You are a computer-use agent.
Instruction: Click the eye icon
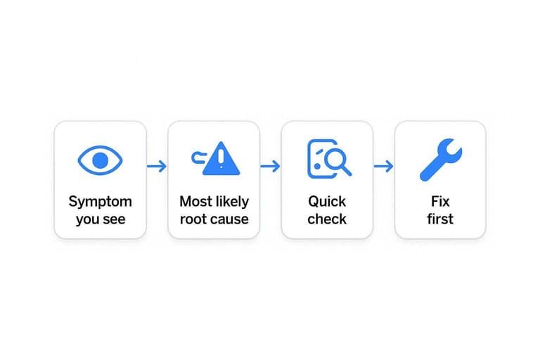point(101,160)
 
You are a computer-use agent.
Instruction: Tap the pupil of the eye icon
point(101,160)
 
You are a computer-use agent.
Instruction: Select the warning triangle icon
point(221,159)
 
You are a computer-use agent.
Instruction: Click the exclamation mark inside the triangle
point(221,157)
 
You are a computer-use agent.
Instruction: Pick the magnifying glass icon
point(337,161)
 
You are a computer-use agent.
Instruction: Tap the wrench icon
point(441,160)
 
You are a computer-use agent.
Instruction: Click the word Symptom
point(101,202)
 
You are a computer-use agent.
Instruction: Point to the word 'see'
point(113,219)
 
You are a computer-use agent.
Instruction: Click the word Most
point(194,202)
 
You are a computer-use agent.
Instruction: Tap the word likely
point(231,202)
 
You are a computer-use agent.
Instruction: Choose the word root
point(191,219)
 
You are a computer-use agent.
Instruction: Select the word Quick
point(327,202)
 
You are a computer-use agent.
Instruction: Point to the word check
point(327,219)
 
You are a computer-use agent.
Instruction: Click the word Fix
point(440,202)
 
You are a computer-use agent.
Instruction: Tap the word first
point(440,219)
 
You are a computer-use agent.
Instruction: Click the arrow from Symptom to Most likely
point(157,167)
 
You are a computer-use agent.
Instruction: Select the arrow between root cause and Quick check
point(270,167)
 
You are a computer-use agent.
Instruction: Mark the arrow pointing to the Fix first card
point(383,167)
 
